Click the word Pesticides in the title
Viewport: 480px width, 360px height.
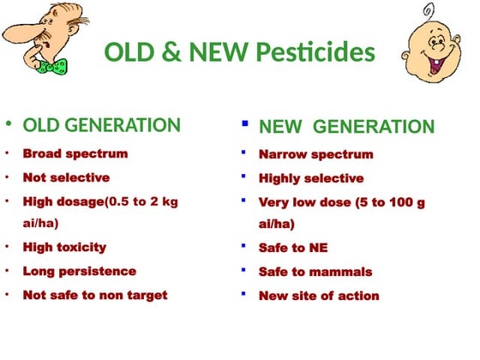point(318,52)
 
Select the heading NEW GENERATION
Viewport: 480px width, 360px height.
point(346,127)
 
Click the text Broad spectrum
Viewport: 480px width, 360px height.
point(75,154)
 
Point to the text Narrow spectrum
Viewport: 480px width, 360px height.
point(315,155)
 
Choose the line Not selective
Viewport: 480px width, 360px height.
point(66,178)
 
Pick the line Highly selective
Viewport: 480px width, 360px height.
point(311,179)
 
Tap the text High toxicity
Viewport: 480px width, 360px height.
point(64,248)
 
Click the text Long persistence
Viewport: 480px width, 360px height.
point(79,272)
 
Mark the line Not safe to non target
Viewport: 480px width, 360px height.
point(95,295)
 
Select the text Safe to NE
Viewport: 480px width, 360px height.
point(293,249)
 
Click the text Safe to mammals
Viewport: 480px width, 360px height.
point(315,273)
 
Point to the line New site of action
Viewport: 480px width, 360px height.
point(319,297)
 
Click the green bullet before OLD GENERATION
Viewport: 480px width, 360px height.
point(9,125)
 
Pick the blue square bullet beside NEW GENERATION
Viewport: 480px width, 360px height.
point(244,124)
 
